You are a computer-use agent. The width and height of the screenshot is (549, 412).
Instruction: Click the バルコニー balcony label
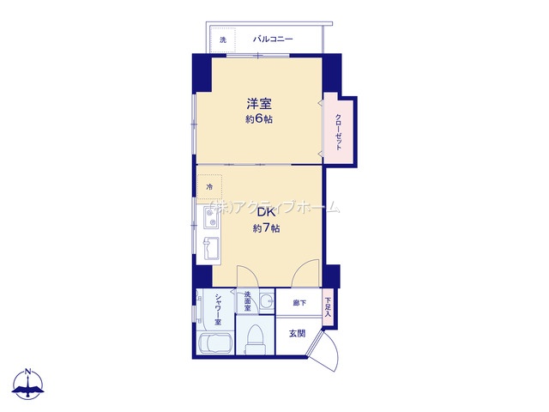[x=273, y=39]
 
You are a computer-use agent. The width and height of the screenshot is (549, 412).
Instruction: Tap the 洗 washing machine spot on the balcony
[x=223, y=40]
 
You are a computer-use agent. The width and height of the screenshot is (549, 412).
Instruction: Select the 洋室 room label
[x=259, y=104]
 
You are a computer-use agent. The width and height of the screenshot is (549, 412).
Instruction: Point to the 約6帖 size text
[x=259, y=119]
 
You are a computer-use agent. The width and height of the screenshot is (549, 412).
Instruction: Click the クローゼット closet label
[x=338, y=132]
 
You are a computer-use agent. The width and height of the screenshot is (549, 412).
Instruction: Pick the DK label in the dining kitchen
[x=266, y=213]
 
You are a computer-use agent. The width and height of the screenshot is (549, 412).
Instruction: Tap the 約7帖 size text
[x=266, y=228]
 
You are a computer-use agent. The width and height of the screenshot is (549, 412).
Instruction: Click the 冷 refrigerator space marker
[x=209, y=187]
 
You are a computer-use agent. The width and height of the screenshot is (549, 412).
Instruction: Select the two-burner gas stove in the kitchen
[x=212, y=218]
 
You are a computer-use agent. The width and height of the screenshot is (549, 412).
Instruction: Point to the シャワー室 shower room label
[x=218, y=309]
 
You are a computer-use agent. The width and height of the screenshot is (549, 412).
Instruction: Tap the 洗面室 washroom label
[x=248, y=301]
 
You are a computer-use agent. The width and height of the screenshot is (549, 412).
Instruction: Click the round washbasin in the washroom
[x=268, y=301]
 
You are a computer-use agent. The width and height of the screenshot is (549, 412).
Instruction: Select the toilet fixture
[x=256, y=339]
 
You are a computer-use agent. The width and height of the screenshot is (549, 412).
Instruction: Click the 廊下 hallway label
[x=299, y=303]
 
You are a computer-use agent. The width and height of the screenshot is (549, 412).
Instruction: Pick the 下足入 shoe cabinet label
[x=328, y=307]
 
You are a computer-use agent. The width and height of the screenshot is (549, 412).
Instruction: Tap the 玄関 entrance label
[x=298, y=333]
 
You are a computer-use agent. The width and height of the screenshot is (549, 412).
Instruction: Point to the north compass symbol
[x=28, y=384]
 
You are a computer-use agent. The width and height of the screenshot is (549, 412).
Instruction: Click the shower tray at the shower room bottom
[x=215, y=343]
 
